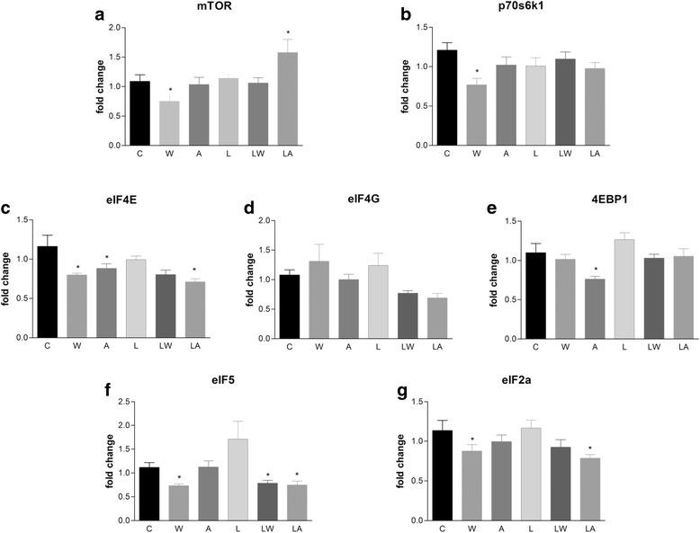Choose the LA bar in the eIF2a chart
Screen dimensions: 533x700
(x=616, y=489)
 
